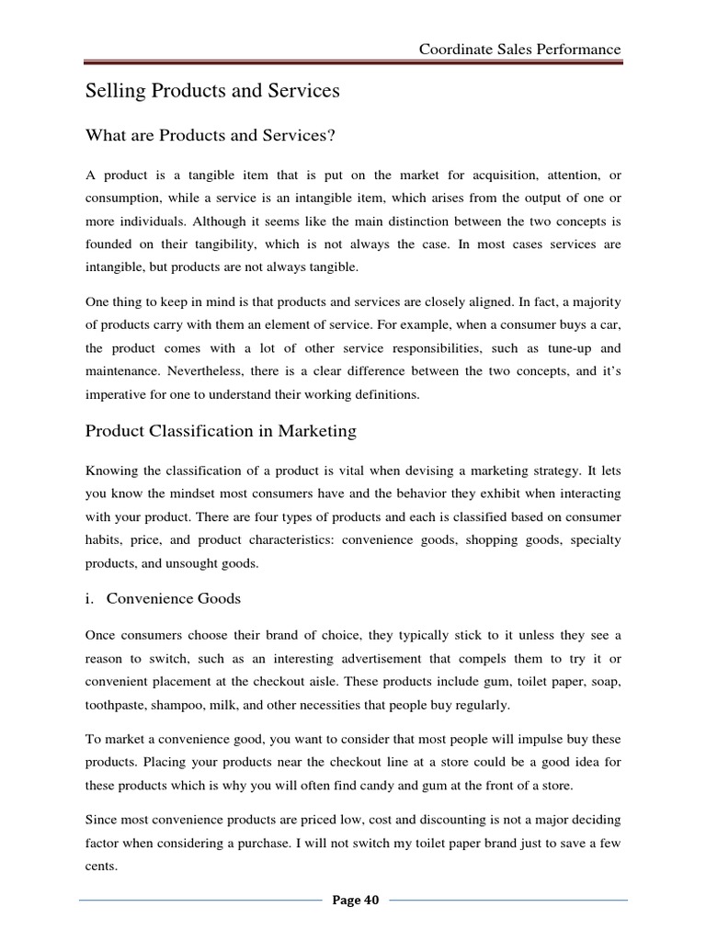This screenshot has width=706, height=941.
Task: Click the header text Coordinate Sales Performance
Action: pyautogui.click(x=519, y=49)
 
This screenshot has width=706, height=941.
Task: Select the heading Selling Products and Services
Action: pyautogui.click(x=212, y=91)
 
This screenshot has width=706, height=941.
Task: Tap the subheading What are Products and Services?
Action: pyautogui.click(x=211, y=136)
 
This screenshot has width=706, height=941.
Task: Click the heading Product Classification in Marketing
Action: pyautogui.click(x=221, y=431)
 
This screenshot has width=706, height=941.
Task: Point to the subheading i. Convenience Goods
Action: pyautogui.click(x=163, y=598)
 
